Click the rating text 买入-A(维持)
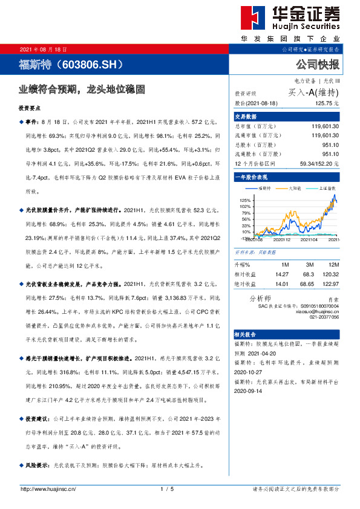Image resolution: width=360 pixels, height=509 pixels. (x=313, y=92)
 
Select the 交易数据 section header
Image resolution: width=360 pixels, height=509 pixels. (x=246, y=117)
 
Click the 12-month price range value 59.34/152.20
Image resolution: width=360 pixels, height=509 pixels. (x=319, y=163)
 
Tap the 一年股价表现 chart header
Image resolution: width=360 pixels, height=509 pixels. (x=251, y=177)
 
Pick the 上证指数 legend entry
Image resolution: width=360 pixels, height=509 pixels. (x=325, y=189)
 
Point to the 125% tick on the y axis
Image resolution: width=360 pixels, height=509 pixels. (x=245, y=199)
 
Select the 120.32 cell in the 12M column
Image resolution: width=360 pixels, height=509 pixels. (x=329, y=274)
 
